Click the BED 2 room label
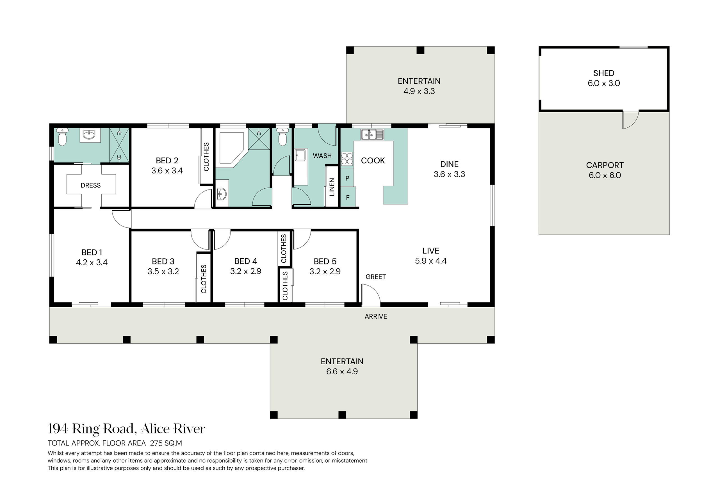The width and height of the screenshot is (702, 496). point(167,161)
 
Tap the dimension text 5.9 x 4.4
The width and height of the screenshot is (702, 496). point(431,261)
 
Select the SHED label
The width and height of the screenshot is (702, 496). point(603,73)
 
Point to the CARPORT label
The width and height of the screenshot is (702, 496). point(605,165)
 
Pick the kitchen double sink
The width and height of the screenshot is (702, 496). point(372,134)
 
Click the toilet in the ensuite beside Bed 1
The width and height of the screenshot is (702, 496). point(62,137)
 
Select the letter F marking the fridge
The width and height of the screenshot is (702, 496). point(347,198)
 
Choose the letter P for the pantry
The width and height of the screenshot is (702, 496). point(347,178)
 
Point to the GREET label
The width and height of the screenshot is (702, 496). point(375,276)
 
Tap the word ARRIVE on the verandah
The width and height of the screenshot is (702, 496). point(376,316)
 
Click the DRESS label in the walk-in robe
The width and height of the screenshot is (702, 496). point(90,185)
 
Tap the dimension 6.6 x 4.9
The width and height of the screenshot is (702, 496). point(342,371)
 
